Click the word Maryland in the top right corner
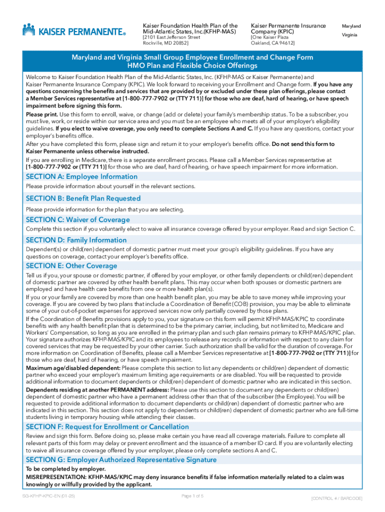point(351,26)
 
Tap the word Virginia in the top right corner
point(349,35)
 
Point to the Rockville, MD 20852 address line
point(163,43)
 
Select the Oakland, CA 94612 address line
point(272,43)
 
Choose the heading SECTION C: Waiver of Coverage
point(77,219)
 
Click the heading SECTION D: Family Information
point(76,240)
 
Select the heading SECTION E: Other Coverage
point(71,265)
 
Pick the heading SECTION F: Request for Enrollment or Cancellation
point(107,426)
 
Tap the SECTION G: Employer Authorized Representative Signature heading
point(121,459)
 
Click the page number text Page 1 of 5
point(192,496)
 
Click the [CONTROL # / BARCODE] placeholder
point(336,498)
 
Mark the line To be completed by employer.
point(65,469)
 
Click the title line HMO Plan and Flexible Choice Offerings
point(192,66)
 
